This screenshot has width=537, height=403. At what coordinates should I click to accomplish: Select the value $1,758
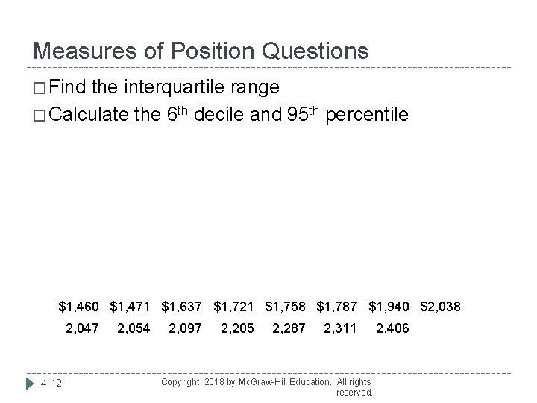pos(287,306)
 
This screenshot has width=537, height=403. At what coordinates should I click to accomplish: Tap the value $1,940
pos(391,306)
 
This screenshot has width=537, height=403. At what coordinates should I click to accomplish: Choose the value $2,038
pos(441,306)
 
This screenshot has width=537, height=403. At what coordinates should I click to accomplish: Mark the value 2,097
pos(185,328)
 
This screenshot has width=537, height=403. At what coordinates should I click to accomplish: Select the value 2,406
pos(392,328)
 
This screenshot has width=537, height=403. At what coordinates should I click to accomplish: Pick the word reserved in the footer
pos(355,392)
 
